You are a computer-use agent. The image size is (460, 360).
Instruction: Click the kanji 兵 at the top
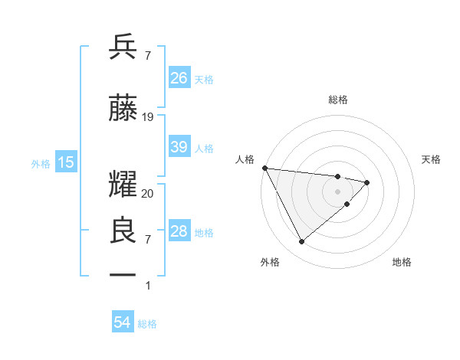123,47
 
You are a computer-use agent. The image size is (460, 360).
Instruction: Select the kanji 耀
123,185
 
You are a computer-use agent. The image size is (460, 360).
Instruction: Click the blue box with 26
179,78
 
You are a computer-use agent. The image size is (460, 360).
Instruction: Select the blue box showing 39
179,147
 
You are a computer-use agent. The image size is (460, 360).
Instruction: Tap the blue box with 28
179,231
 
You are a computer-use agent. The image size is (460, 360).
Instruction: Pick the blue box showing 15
65,162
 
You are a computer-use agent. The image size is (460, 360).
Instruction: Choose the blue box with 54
123,323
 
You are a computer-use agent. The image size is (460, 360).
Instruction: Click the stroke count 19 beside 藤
148,117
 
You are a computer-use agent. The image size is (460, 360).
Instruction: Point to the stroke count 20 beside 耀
148,194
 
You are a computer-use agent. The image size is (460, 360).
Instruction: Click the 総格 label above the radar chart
338,100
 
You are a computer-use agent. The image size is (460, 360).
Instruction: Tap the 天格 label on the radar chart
432,159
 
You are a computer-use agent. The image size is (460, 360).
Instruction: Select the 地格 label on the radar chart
402,262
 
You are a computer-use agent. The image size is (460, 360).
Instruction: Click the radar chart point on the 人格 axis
264,168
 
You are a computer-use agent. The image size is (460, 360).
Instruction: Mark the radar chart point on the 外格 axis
301,242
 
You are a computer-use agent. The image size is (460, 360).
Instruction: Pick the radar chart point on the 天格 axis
367,182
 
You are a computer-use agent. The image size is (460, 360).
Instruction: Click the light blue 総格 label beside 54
147,324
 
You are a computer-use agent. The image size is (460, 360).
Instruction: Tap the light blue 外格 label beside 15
41,163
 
